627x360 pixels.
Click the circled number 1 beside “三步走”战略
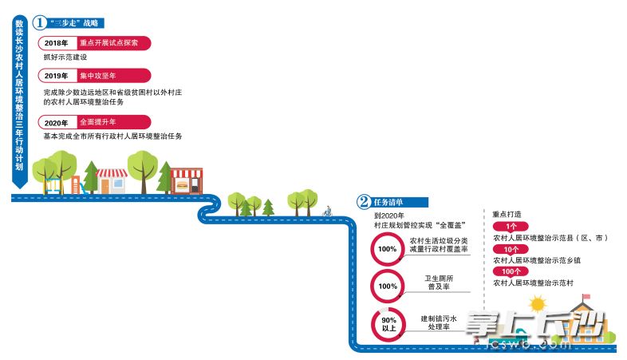37,23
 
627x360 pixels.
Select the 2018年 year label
57,43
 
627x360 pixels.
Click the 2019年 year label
57,77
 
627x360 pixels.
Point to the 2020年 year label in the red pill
57,123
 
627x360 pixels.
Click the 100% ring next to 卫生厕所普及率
388,286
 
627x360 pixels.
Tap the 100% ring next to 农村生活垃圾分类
388,248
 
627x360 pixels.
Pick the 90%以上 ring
388,322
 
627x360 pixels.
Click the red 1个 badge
511,226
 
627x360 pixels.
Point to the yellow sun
536,304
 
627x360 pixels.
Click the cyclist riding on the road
326,212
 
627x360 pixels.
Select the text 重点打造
507,214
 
